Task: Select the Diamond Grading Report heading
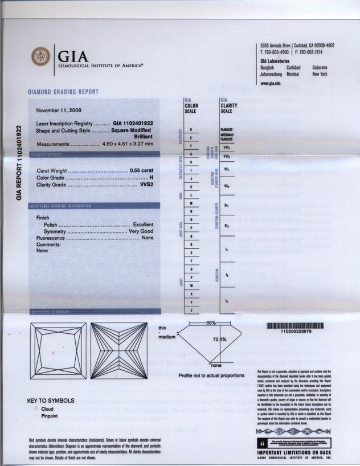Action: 63,92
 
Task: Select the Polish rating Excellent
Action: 143,225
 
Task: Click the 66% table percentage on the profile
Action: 211,323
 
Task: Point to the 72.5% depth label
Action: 220,339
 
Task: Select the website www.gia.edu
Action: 270,83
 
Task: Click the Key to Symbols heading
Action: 51,400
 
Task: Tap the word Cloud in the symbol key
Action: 49,409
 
